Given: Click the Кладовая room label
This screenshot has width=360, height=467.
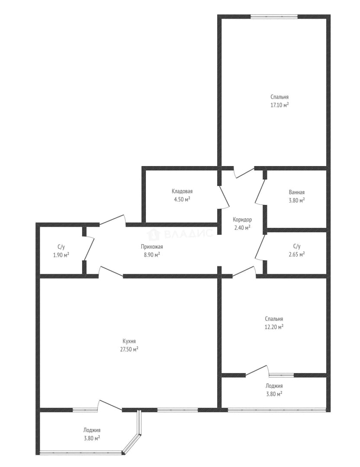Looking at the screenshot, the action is pos(182,192).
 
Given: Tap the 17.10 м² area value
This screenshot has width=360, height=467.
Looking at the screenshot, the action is pos(279,105).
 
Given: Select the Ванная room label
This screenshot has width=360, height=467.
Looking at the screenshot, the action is pos(296,192).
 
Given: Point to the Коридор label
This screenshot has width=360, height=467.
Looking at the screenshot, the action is pos(242,220).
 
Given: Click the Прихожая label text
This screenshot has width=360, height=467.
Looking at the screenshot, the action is pos(152,246).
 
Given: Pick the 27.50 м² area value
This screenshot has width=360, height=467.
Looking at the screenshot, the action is pos(129,349).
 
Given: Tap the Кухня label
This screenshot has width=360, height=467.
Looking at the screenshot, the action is pos(129,341).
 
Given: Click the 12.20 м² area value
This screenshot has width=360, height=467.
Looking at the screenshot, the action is pos(274,327).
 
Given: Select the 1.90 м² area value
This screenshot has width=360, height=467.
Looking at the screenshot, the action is pos(61,255).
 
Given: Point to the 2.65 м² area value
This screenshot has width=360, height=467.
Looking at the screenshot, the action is pos(296,254).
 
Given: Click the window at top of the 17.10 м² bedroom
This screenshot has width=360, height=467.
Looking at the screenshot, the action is pos(274,17).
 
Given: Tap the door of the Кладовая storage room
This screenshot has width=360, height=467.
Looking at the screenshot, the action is pos(224,196).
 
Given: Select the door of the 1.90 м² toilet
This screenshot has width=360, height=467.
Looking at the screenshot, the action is pos(89,248).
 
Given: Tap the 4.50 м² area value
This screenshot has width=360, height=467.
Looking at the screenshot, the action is pos(182,199).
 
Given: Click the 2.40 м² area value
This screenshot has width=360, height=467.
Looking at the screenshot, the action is pos(242,227).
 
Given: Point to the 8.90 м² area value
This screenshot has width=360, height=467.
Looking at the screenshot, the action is pos(152,255).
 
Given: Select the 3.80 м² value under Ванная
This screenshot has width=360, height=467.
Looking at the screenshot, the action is pos(296,201).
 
